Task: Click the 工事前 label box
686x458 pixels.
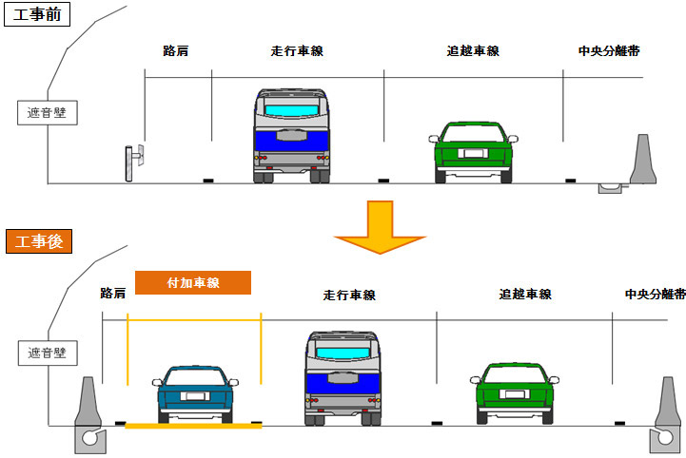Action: (36, 16)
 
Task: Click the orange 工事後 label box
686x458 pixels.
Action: (35, 241)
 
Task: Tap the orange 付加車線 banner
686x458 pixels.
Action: (192, 282)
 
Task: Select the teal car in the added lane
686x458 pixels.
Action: (196, 391)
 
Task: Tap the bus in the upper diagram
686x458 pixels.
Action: (295, 135)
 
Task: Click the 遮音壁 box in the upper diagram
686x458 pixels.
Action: (48, 113)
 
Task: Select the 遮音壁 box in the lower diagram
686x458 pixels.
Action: (48, 353)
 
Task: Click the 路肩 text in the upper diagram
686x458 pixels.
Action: (175, 50)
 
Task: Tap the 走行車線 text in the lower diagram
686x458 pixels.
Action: (349, 296)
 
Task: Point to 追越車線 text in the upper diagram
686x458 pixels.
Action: (473, 50)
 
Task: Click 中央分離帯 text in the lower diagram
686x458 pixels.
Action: (656, 295)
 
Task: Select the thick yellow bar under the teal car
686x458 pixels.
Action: (193, 426)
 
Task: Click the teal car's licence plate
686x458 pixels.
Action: (195, 396)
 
